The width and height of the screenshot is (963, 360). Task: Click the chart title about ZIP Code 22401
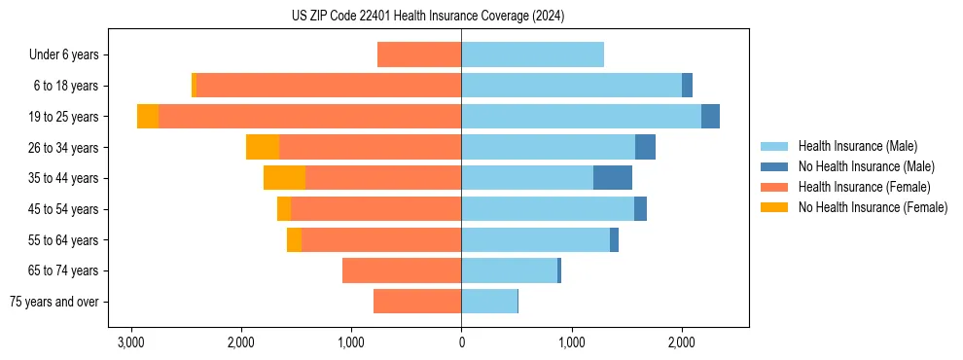point(428,17)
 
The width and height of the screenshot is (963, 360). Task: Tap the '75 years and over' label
point(54,302)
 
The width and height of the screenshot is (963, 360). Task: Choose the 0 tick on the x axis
point(461,342)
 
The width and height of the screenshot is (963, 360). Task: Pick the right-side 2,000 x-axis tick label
point(681,342)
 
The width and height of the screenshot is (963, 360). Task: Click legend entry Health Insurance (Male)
point(857,146)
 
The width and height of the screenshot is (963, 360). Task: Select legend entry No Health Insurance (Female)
point(873,207)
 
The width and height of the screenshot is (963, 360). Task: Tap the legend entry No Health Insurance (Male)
point(866,166)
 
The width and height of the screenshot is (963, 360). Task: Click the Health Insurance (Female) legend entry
point(864,187)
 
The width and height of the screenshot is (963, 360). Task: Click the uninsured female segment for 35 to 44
point(284,178)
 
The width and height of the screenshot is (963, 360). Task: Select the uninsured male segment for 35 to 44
point(613,178)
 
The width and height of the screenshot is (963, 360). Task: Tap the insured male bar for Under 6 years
point(532,54)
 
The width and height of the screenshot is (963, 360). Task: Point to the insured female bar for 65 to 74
point(402,270)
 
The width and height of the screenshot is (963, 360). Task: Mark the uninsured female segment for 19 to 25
point(148,116)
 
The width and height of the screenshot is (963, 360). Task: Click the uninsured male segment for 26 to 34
point(645,147)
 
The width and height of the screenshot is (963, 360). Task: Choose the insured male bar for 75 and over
point(489,302)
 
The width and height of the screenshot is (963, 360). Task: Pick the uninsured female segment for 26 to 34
point(263,147)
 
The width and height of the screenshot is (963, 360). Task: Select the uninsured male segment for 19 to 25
point(710,116)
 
